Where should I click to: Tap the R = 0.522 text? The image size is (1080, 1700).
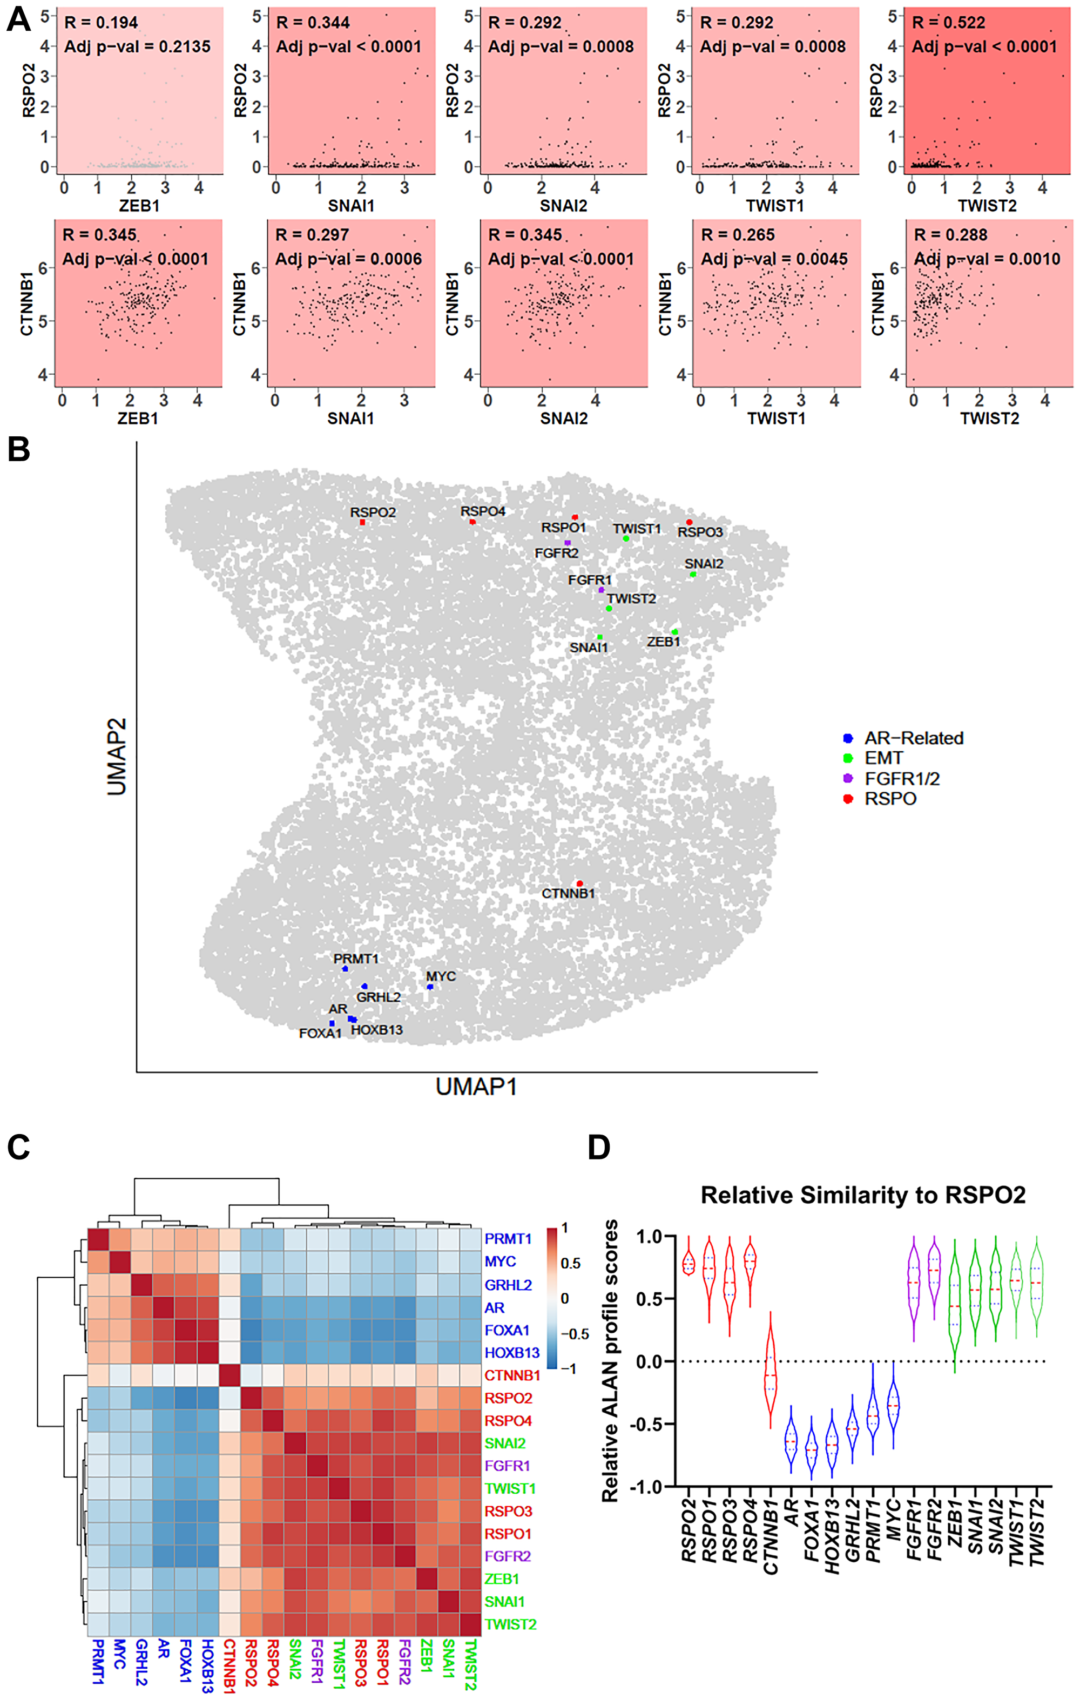pos(948,23)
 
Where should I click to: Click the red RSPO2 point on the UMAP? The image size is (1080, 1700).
pos(362,522)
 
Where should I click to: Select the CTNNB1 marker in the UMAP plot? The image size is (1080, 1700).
pos(579,883)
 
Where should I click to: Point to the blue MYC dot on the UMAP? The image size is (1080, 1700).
pos(430,987)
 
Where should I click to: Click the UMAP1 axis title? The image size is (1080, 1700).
pos(476,1086)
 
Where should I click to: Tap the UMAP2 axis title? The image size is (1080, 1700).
pos(117,756)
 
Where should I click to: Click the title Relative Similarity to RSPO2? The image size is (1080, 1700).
pos(862,1195)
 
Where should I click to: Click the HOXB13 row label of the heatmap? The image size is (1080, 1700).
pos(512,1353)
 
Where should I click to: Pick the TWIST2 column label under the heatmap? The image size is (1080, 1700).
pos(470,1665)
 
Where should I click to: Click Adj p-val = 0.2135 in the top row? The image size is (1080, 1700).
pos(137,46)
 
